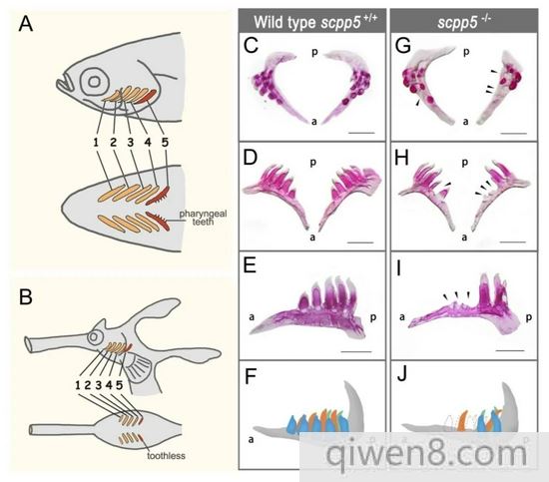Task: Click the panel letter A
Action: click(x=26, y=25)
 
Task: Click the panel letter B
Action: click(x=26, y=296)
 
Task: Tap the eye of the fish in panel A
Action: click(x=94, y=82)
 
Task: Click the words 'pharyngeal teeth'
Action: click(x=203, y=218)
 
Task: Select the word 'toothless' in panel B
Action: click(x=166, y=456)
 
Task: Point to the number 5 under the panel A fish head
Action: click(x=165, y=142)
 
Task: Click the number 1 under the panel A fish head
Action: click(x=96, y=142)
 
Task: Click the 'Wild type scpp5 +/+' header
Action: click(x=315, y=21)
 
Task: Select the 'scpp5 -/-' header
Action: click(x=464, y=22)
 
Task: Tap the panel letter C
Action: click(x=252, y=45)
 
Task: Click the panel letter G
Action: click(x=403, y=45)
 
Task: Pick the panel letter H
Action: click(x=401, y=158)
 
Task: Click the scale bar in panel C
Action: click(x=361, y=133)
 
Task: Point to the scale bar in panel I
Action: click(x=510, y=350)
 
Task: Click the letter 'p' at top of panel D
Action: click(x=313, y=163)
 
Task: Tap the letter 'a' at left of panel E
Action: click(x=252, y=317)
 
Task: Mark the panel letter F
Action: click(x=250, y=376)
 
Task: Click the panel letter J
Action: click(x=402, y=375)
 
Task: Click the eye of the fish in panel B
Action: click(x=94, y=337)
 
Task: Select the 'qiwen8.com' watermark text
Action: click(x=426, y=454)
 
